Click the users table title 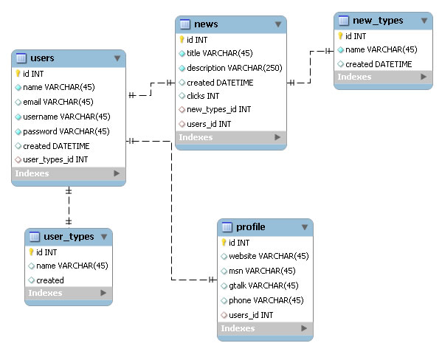coord(42,58)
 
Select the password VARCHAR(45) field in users coord(66,131)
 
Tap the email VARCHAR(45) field coord(58,102)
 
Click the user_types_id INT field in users coord(55,159)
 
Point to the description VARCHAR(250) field coord(234,68)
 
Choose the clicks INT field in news coord(203,96)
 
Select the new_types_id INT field coord(218,109)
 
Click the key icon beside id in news coord(182,40)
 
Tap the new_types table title coord(378,21)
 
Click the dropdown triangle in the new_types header coord(424,21)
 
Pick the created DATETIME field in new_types coord(379,64)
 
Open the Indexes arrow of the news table coord(277,137)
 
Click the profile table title coord(251,227)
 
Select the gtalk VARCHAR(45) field coord(263,285)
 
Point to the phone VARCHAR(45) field coord(266,300)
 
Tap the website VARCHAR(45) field coord(269,256)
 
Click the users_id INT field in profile coord(251,315)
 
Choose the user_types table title coord(69,237)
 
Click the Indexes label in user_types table coord(46,293)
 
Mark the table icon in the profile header coord(227,227)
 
